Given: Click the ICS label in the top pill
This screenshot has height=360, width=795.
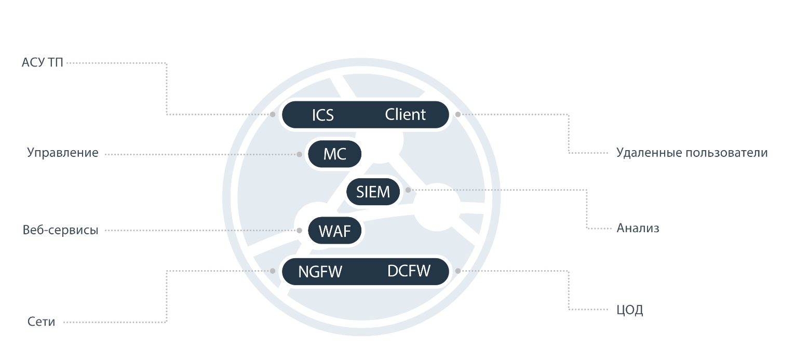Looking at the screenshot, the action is coord(322,115).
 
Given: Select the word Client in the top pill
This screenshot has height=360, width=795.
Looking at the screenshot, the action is coord(405,114).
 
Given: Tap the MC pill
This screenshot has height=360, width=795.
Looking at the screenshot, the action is coord(335,154).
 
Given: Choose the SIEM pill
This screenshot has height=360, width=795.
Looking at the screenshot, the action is coord(373,192).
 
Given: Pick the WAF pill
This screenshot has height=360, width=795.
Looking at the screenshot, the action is coord(335,231).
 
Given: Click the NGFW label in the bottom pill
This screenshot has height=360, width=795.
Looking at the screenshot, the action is coord(320,272).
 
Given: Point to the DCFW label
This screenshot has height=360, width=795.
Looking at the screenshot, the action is coord(409,271).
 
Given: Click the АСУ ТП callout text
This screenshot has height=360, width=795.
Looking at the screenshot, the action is coord(42,62).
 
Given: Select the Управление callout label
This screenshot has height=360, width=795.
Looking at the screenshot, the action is coord(63,153).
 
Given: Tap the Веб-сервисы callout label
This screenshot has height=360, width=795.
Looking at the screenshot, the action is coord(60,230).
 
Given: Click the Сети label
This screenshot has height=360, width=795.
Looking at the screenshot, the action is coord(41,322).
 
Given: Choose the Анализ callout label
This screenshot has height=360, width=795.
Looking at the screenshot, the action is coord(638,228).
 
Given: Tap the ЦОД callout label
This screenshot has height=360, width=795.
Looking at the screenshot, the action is coord(629,310).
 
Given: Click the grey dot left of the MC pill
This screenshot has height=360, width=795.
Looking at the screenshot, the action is coord(300,154).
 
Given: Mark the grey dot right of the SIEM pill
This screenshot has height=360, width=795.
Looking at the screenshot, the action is coord(408,190).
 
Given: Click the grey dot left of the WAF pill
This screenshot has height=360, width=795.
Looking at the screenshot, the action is coord(300,231).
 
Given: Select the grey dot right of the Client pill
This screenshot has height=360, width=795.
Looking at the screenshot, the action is coord(458,114).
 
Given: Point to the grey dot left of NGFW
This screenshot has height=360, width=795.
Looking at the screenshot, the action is coord(273,271).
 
